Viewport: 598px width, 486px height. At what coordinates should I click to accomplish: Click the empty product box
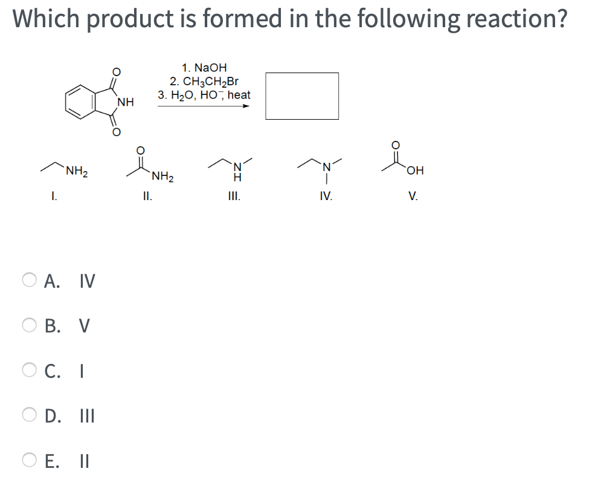click(x=302, y=96)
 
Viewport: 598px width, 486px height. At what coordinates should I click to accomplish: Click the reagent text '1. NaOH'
click(x=204, y=68)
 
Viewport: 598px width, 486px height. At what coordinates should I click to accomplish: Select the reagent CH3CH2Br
click(x=204, y=82)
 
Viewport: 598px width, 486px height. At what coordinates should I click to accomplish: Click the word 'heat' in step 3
click(x=239, y=95)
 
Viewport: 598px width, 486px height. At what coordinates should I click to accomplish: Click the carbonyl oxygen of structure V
click(x=396, y=145)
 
